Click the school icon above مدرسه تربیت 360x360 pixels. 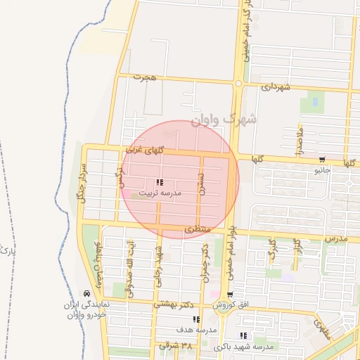(160, 182)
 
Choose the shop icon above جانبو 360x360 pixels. (322, 160)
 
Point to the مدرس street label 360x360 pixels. (336, 239)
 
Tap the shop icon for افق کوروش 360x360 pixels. (230, 295)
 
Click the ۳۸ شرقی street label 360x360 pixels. (175, 346)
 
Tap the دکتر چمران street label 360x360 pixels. (206, 263)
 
